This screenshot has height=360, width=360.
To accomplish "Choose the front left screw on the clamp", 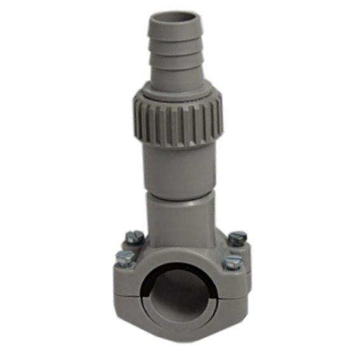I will tap(124, 258).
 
